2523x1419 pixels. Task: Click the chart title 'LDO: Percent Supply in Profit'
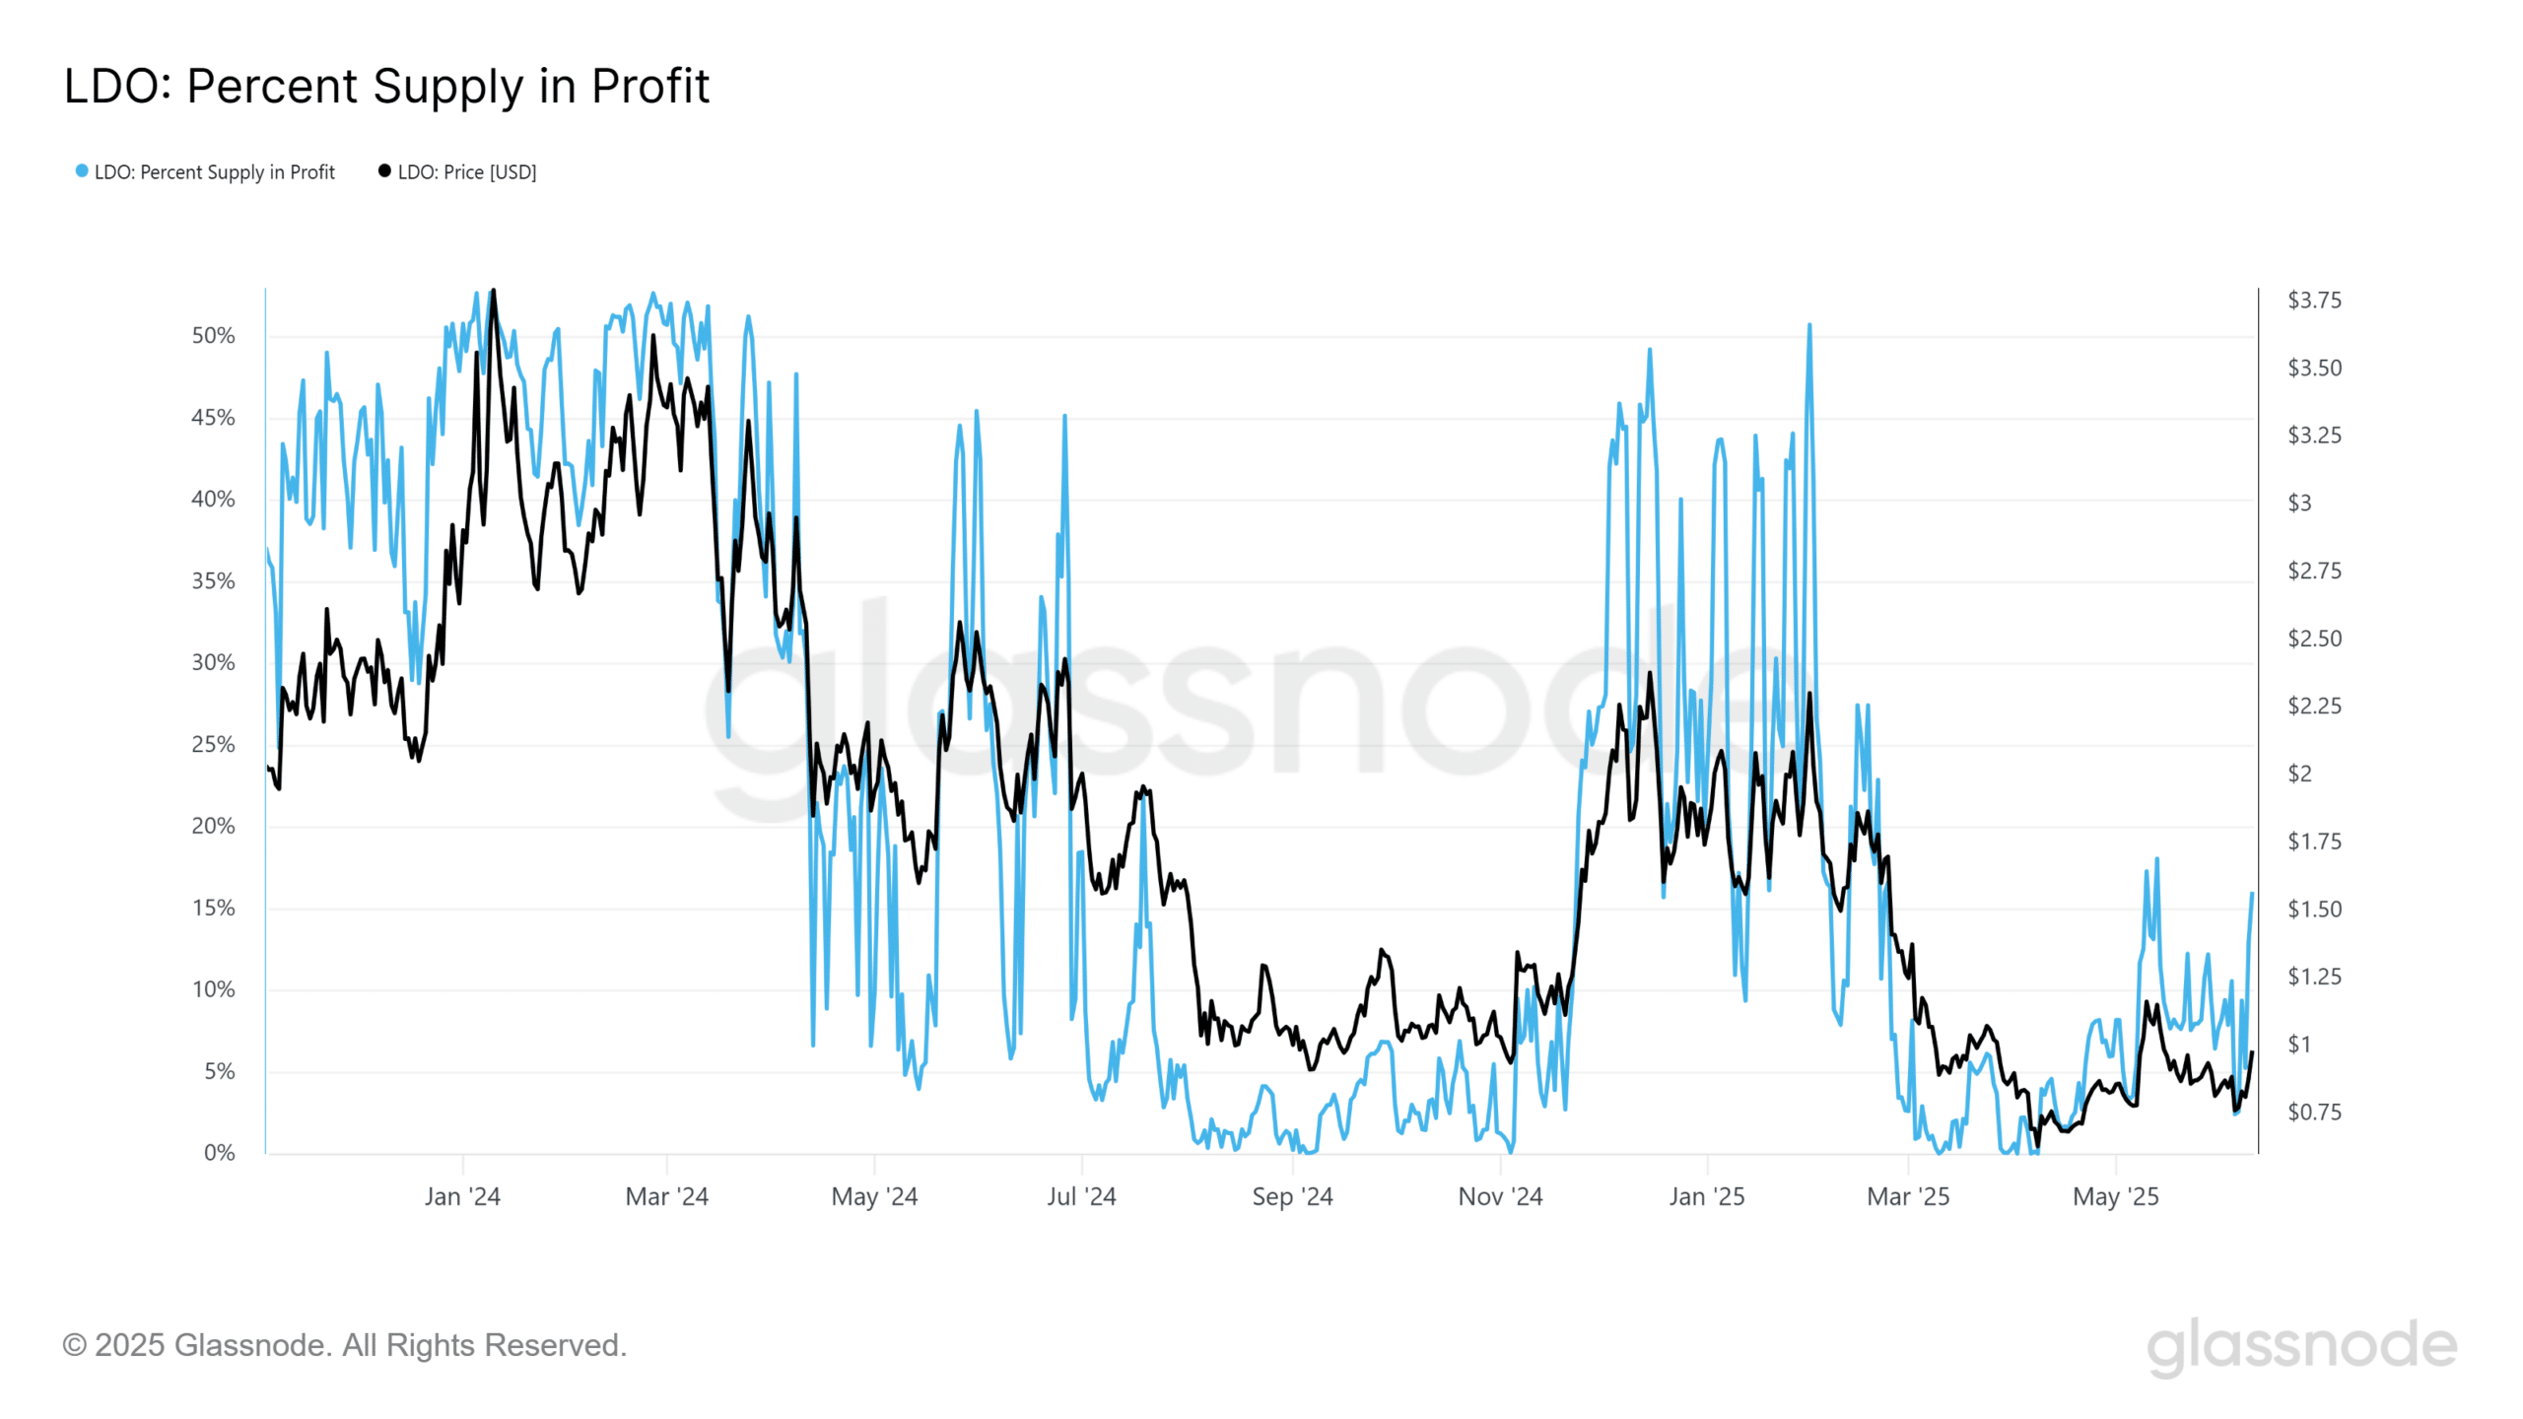point(386,86)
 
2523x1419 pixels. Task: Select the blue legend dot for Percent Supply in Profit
point(82,171)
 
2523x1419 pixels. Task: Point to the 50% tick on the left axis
point(213,336)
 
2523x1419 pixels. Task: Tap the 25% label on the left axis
point(213,745)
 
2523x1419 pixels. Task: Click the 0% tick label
point(219,1153)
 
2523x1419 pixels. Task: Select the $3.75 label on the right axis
point(2314,301)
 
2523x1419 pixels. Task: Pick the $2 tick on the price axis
point(2299,775)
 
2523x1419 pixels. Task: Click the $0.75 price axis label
point(2314,1113)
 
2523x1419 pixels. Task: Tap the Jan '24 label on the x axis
point(462,1197)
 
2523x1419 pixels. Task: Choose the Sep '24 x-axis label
point(1292,1197)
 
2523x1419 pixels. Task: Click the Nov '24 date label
point(1500,1197)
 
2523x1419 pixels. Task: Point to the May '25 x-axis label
point(2115,1197)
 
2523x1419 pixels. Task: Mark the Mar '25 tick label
point(1908,1197)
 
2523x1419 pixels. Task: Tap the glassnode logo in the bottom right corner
point(2301,1346)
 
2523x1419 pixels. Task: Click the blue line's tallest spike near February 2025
point(1809,325)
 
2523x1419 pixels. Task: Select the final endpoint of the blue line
point(2252,894)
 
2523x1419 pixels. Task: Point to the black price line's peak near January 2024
point(494,291)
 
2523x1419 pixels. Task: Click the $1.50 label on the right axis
point(2314,910)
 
